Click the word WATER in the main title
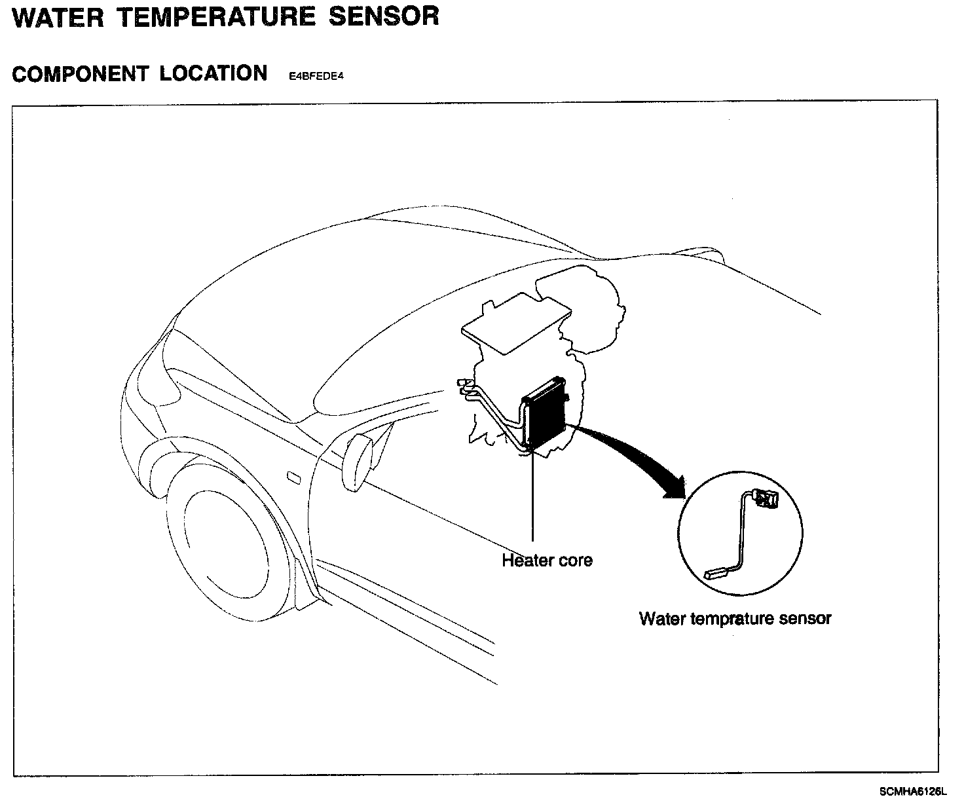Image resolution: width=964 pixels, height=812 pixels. click(x=58, y=17)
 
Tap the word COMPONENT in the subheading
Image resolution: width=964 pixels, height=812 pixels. click(x=80, y=74)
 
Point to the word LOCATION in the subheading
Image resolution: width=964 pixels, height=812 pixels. click(x=213, y=73)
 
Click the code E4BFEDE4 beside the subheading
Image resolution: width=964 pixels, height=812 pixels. click(x=316, y=76)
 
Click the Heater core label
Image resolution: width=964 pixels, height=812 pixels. click(x=547, y=561)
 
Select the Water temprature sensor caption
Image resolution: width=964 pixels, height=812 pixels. click(x=735, y=618)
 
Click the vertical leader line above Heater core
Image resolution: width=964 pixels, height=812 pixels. click(x=533, y=498)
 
